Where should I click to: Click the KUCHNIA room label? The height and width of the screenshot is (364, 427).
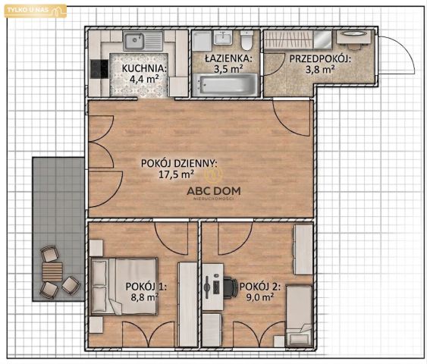point(144,68)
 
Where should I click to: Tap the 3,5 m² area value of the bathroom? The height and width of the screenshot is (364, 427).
point(228,69)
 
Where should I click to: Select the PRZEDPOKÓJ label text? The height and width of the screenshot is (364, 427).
point(320,59)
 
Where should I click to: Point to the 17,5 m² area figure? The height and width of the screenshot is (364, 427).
point(176,174)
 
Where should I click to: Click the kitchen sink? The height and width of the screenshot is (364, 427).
point(143,41)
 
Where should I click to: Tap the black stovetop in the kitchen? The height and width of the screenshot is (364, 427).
point(99,69)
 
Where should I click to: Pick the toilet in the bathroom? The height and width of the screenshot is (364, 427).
point(247,40)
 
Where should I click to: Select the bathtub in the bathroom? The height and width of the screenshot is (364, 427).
point(225,84)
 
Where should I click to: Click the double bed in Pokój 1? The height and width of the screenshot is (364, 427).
point(124,286)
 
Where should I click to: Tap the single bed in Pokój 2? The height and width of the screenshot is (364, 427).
point(299,315)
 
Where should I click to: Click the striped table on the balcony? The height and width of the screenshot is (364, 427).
point(52,271)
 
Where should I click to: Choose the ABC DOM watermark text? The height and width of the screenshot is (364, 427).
point(214,191)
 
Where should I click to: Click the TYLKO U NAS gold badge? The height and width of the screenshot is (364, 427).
point(36,11)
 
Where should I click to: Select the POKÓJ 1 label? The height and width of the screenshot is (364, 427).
point(146,287)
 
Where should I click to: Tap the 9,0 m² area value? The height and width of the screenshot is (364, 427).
point(260,297)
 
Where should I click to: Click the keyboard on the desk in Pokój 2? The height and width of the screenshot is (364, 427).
point(216,287)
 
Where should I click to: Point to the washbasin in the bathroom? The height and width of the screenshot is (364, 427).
point(223,38)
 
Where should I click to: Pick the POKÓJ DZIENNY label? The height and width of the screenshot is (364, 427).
point(179,163)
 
